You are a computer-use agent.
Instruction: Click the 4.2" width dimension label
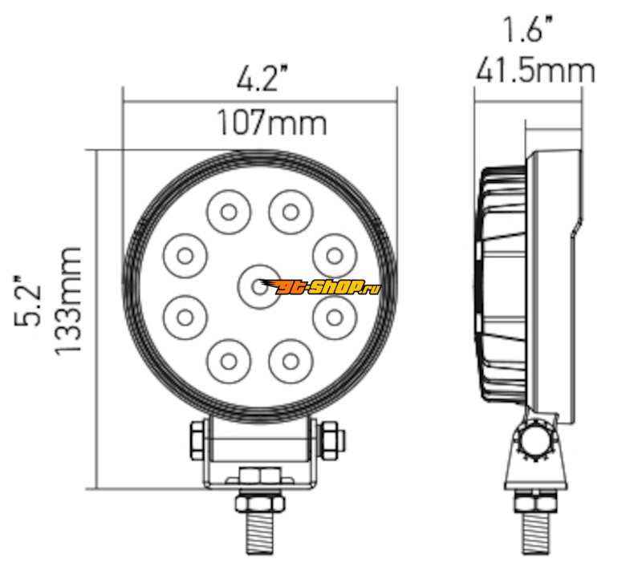[x=263, y=78]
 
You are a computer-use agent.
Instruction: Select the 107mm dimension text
[x=272, y=123]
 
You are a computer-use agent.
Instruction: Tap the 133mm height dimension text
[x=68, y=302]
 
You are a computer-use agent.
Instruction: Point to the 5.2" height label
[x=28, y=301]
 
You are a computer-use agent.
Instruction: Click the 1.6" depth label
[x=528, y=29]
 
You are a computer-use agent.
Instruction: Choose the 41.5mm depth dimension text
[x=535, y=71]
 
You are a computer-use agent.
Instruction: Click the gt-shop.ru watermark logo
[x=320, y=287]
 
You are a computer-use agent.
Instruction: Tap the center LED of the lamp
[x=259, y=286]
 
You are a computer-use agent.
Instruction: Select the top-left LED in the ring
[x=229, y=212]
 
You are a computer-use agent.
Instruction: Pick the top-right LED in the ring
[x=291, y=212]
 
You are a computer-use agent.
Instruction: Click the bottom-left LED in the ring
[x=229, y=362]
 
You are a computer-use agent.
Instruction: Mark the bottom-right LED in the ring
[x=291, y=362]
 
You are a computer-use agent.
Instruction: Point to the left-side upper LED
[x=185, y=256]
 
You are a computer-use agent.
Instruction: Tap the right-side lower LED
[x=335, y=317]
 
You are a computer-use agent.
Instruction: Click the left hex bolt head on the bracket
[x=198, y=440]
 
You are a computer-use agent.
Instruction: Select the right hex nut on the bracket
[x=331, y=440]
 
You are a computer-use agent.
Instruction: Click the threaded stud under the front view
[x=260, y=532]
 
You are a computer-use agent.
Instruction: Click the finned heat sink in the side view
[x=502, y=285]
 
